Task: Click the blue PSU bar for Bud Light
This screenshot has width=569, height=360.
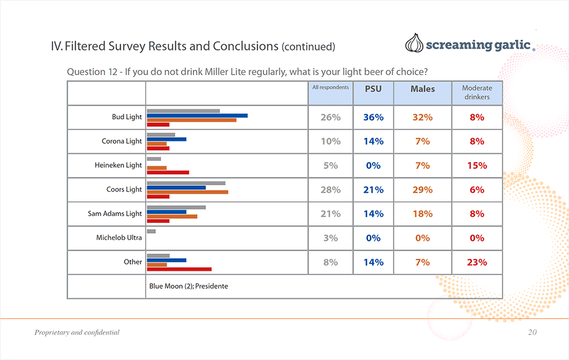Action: click(x=197, y=115)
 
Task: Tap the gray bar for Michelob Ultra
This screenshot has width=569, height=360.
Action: click(x=151, y=231)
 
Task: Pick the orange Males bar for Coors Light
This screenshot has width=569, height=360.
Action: click(x=187, y=192)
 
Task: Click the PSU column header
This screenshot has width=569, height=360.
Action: click(x=373, y=89)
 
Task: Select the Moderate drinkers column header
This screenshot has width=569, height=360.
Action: click(x=477, y=93)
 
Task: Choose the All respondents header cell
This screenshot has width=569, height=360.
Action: click(x=331, y=88)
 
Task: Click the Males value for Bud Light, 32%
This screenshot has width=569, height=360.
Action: click(x=422, y=117)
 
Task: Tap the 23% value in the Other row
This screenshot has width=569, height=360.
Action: click(x=477, y=262)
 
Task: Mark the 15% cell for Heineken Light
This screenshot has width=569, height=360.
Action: click(x=477, y=165)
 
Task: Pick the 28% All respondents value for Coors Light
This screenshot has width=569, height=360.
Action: click(x=331, y=190)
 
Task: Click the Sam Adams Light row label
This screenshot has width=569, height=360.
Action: click(x=115, y=214)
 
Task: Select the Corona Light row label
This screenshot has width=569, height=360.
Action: click(x=122, y=141)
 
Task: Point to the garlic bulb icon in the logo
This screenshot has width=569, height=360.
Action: click(x=414, y=44)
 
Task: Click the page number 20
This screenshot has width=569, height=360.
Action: click(x=532, y=332)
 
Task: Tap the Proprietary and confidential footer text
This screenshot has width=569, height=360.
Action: click(x=77, y=332)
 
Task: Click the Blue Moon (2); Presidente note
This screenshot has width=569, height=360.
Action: click(x=188, y=286)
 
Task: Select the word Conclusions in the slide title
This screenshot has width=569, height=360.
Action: click(x=246, y=46)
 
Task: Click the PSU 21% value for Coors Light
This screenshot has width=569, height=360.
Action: click(x=373, y=190)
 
